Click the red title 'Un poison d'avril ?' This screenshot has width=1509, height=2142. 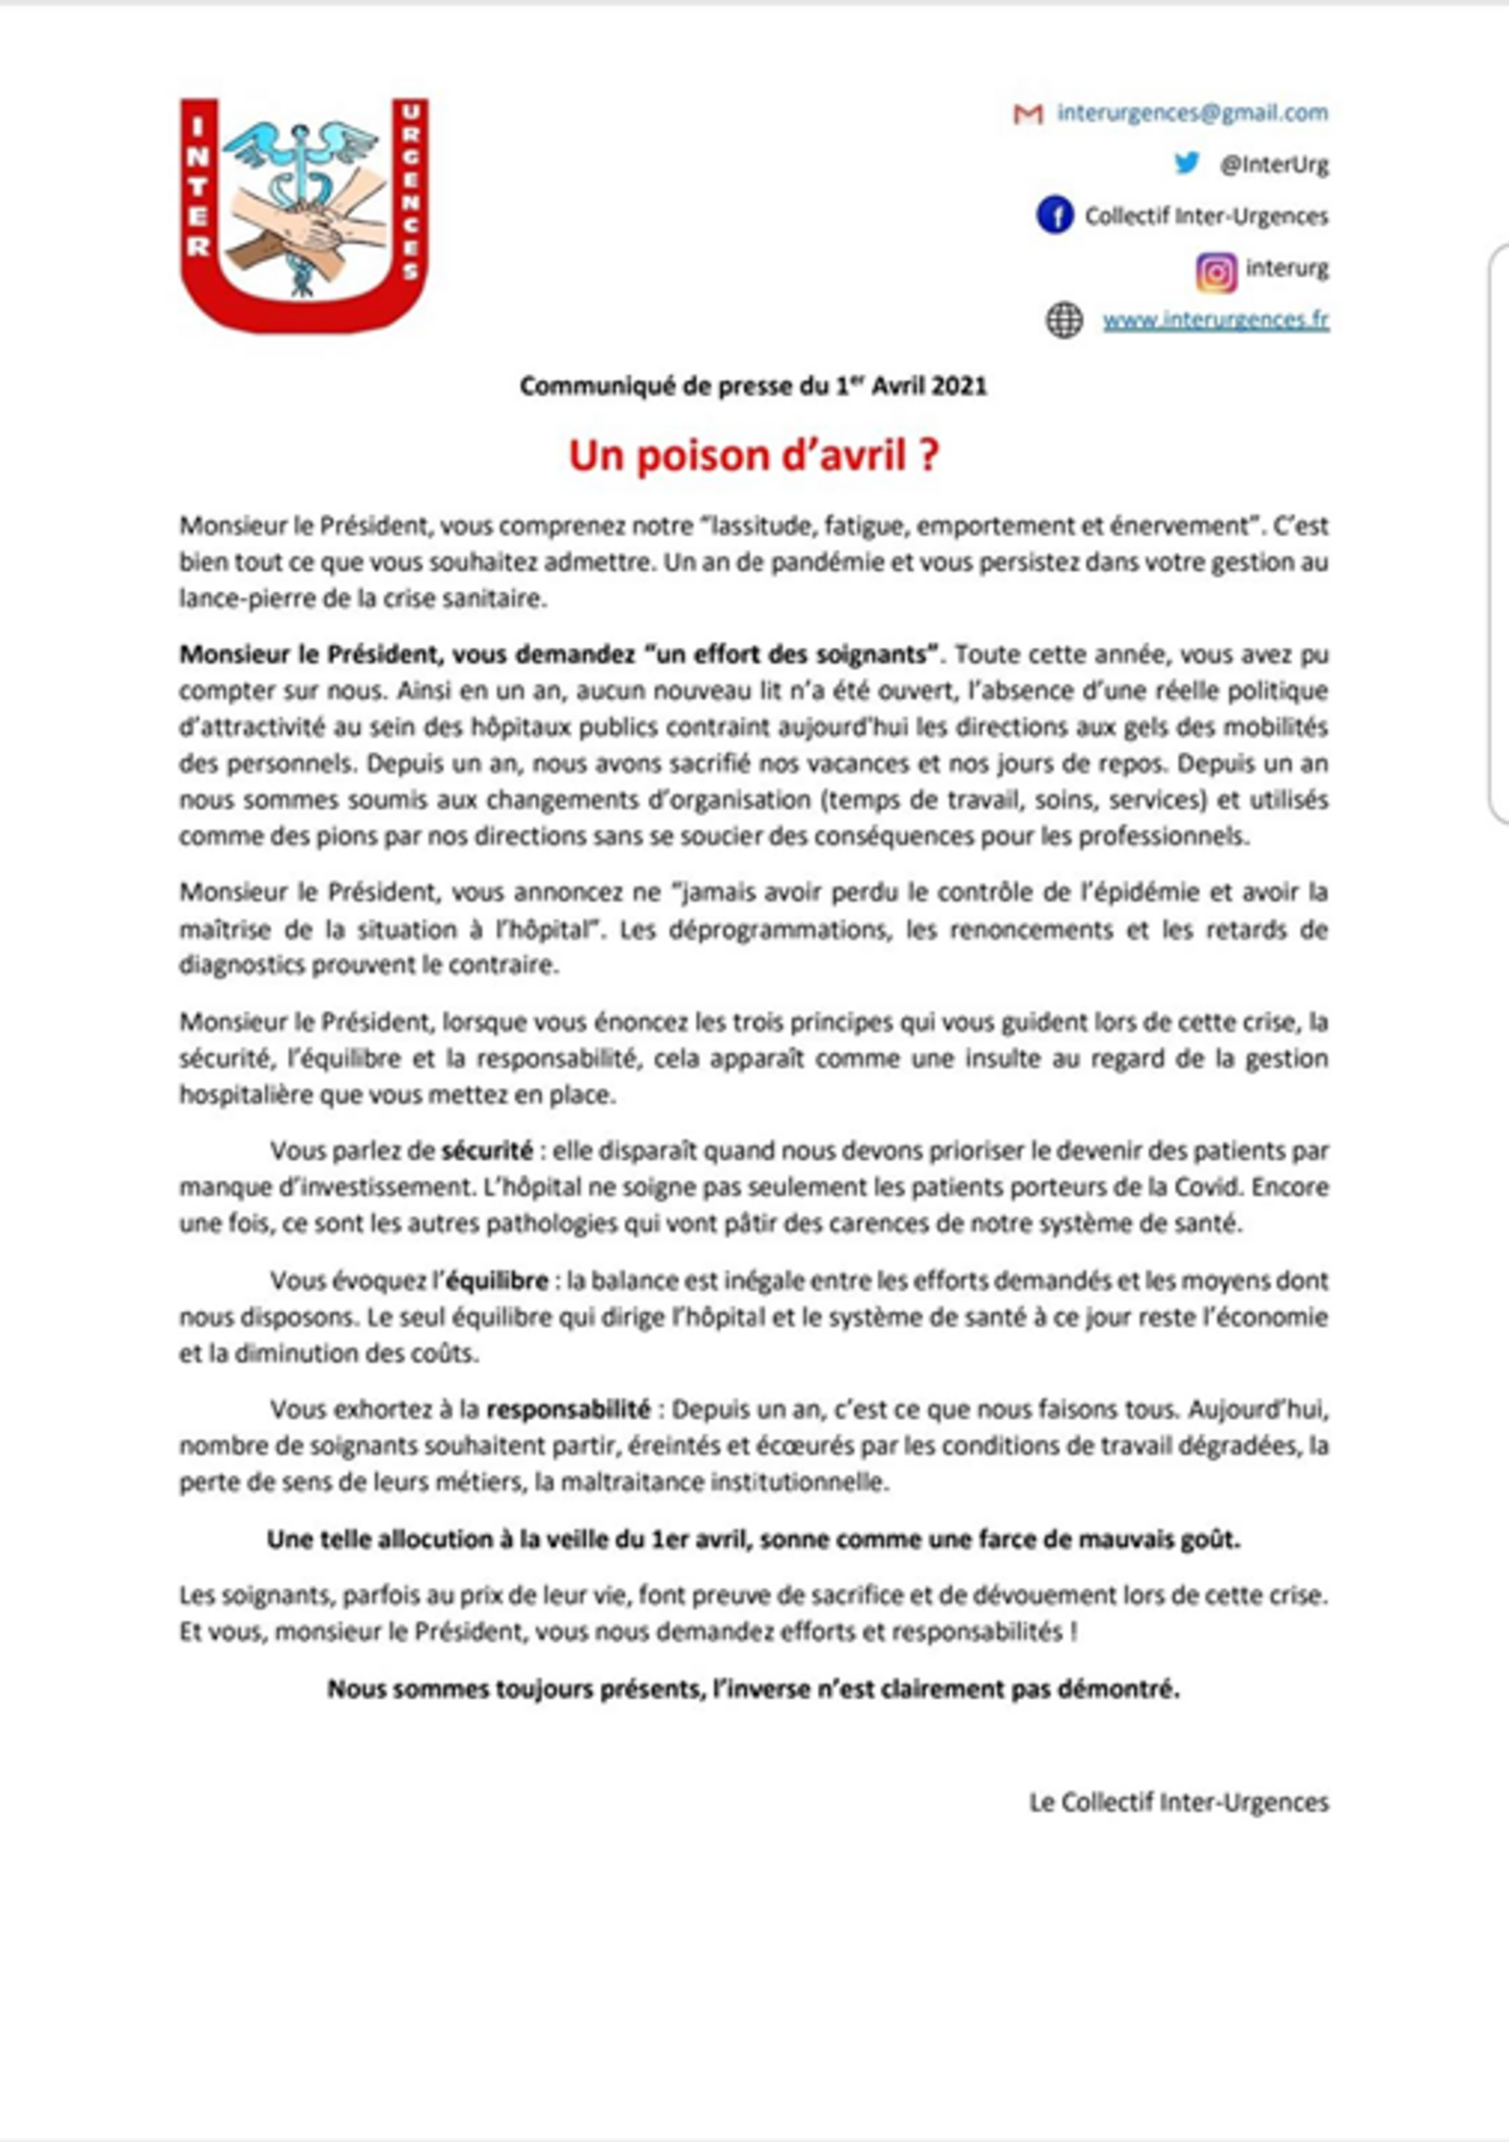(x=753, y=456)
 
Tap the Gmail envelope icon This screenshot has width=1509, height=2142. (x=1027, y=114)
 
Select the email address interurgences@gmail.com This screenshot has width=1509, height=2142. (x=1191, y=113)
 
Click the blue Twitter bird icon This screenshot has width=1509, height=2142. (x=1186, y=163)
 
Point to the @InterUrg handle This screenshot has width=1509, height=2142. (x=1273, y=165)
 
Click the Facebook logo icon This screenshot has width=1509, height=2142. (x=1054, y=215)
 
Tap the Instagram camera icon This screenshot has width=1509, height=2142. (x=1216, y=272)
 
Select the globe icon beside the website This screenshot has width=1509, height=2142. (x=1064, y=320)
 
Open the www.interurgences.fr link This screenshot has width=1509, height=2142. (x=1215, y=320)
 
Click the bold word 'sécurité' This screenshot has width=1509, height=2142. (x=487, y=1151)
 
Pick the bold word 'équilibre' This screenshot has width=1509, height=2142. (x=497, y=1280)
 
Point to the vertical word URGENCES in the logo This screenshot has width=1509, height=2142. (x=411, y=191)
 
